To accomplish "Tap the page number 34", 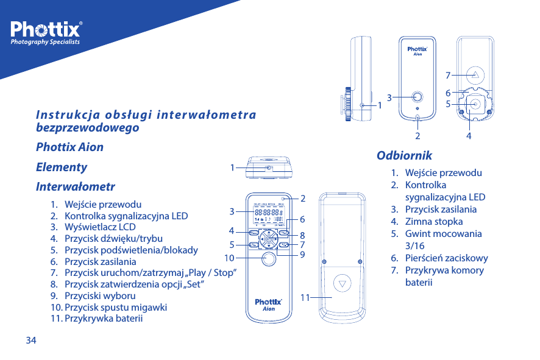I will coord(30,340).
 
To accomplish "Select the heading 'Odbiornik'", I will coord(404,155).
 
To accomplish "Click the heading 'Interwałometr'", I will coord(76,186).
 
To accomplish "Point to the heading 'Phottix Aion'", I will coord(69,147).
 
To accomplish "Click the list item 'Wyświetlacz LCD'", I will coord(100,227).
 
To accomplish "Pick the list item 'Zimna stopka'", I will coord(433,222).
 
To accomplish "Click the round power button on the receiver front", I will coord(417,96).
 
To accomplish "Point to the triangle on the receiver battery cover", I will coord(476,74).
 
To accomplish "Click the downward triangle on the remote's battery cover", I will coord(343,284).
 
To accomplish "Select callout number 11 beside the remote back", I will coord(305,297).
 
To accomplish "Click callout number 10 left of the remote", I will coord(230,257).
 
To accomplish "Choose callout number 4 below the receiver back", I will coord(468,135).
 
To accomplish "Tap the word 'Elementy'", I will coord(62,167).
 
